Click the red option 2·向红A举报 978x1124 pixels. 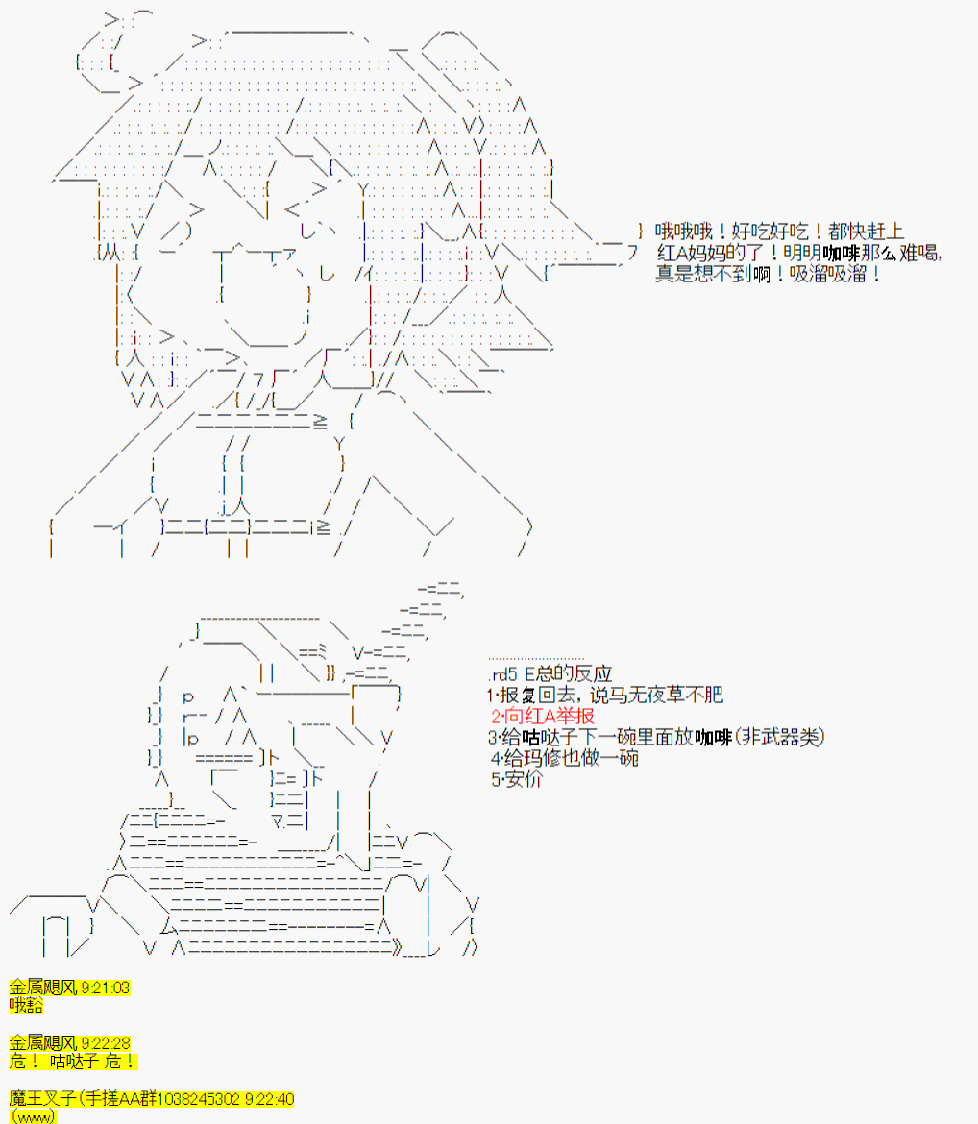(x=543, y=716)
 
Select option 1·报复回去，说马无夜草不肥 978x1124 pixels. (x=605, y=695)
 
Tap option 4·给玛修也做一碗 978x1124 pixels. (x=564, y=758)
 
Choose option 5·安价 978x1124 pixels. (x=517, y=779)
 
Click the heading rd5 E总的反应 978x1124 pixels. (x=550, y=673)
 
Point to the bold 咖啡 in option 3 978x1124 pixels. (x=713, y=737)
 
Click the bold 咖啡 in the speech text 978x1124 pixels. (x=841, y=253)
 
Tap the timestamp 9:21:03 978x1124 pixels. (x=106, y=988)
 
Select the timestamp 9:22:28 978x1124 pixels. (x=106, y=1043)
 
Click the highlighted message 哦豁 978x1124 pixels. (x=26, y=1006)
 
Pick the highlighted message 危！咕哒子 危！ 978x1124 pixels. (x=72, y=1062)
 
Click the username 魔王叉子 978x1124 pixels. (x=43, y=1098)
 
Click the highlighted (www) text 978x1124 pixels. (x=33, y=1117)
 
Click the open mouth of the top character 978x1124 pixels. (x=264, y=295)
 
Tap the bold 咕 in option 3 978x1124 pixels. (x=530, y=737)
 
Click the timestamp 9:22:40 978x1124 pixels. (x=270, y=1099)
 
